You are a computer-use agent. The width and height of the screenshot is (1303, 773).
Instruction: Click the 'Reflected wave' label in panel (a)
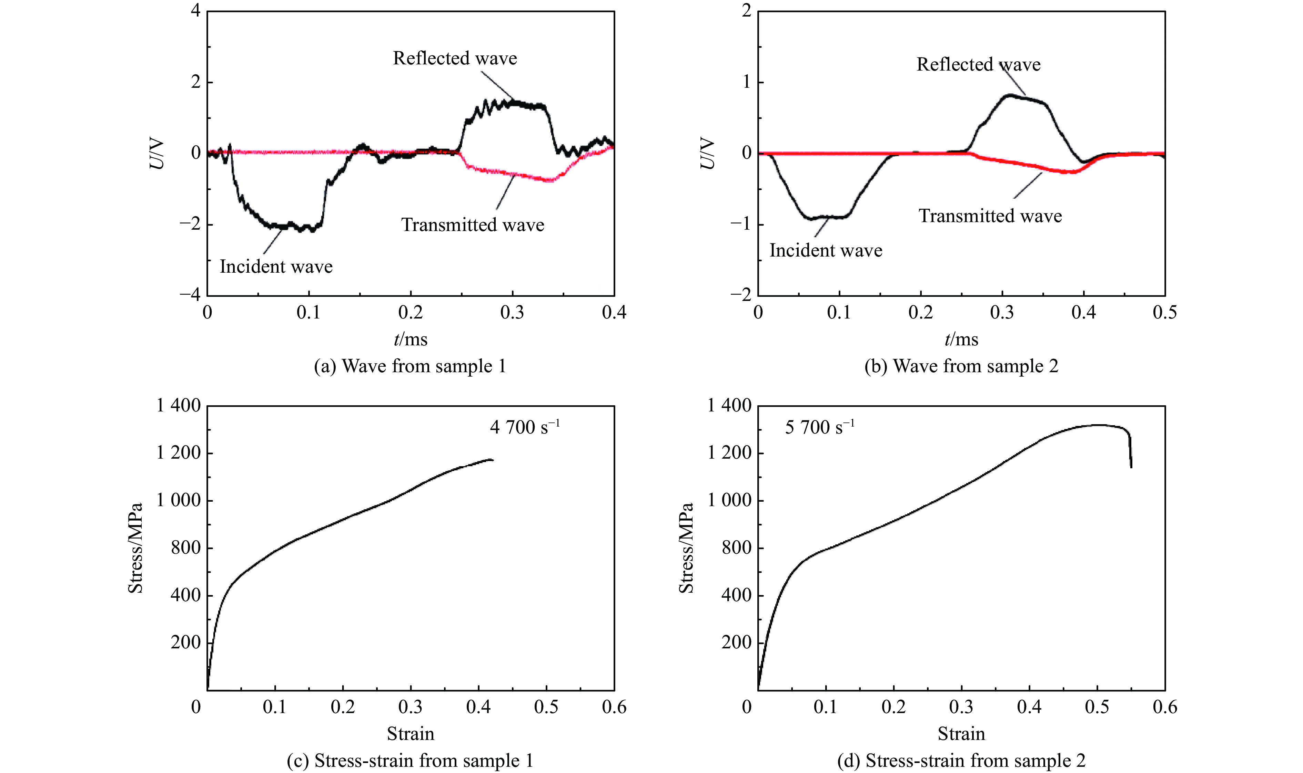[x=455, y=58]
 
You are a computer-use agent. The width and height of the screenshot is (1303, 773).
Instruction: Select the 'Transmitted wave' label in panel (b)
[x=990, y=216]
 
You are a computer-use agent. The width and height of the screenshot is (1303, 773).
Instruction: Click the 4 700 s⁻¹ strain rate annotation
[x=524, y=427]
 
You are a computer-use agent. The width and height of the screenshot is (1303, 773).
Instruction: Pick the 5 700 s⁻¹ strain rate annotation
[x=819, y=427]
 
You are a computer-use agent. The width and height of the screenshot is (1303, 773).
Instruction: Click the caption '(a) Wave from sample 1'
[x=410, y=366]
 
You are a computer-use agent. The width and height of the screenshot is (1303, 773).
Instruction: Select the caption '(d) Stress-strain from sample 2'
[x=961, y=761]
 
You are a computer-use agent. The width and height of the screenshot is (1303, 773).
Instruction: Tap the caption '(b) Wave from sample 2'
[x=961, y=366]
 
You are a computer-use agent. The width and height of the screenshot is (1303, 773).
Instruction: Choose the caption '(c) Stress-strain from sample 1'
[x=410, y=761]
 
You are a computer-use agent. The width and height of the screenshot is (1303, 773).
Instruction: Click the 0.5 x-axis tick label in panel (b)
[x=1164, y=313]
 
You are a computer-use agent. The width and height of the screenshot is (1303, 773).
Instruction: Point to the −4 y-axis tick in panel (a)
[x=190, y=295]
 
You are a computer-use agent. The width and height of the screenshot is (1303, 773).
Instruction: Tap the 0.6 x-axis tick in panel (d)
[x=1164, y=707]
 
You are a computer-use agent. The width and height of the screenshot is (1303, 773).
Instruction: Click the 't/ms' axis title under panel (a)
[x=410, y=340]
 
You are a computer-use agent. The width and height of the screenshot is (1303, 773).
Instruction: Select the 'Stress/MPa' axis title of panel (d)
[x=686, y=548]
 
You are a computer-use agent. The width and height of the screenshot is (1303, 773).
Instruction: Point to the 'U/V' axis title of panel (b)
[x=707, y=153]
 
